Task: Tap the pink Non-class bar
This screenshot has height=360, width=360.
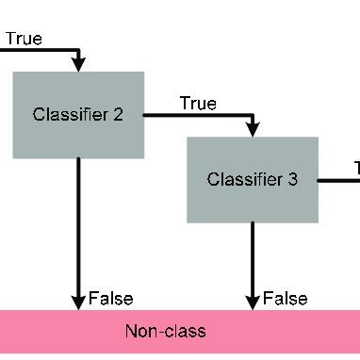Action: coord(179,333)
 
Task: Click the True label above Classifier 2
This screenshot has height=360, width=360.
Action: coord(24,40)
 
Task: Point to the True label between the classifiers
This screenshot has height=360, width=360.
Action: coord(198,103)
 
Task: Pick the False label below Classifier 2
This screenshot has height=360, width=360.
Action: coord(111,299)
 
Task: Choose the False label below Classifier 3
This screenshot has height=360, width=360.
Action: coord(285,299)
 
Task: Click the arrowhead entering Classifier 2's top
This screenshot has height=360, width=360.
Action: coord(78,63)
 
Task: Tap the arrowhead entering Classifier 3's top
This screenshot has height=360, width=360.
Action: coord(253,129)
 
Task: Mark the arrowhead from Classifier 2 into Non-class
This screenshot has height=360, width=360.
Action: coord(78,301)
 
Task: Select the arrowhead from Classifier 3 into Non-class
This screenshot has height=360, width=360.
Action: coord(253,301)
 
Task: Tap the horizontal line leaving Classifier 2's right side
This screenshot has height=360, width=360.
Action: coord(198,116)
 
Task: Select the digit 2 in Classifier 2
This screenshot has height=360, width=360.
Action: coord(118,115)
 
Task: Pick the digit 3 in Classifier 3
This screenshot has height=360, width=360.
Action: coord(292,179)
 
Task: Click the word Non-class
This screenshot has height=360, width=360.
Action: coord(165,332)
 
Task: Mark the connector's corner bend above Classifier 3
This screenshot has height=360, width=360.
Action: coord(253,116)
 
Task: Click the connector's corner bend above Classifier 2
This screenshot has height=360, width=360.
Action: coord(78,50)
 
